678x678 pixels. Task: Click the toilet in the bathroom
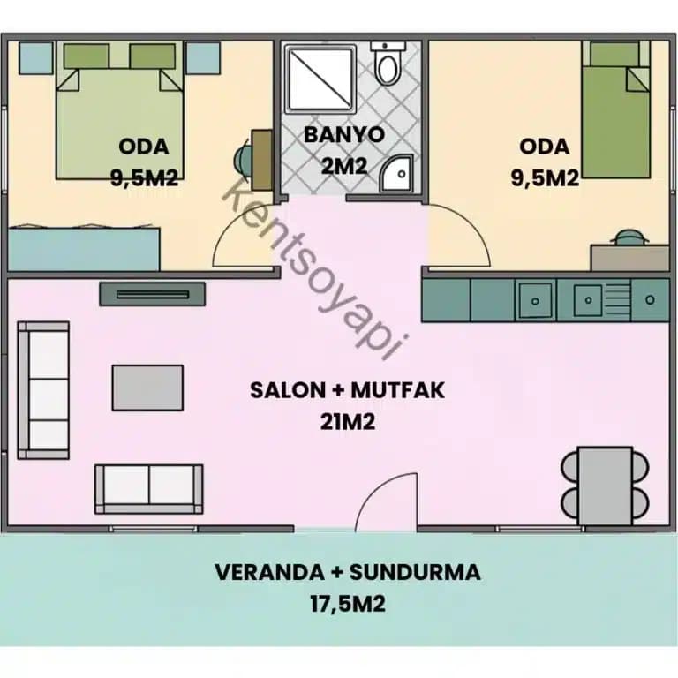tap(385, 63)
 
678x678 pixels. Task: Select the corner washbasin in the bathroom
tap(396, 174)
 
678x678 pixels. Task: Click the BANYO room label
tap(344, 135)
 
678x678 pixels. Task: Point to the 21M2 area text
tap(348, 422)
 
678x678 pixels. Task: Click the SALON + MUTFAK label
tap(348, 390)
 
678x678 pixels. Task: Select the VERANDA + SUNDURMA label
tap(348, 572)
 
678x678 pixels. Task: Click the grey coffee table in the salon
tap(147, 388)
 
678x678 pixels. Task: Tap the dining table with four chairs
tap(606, 484)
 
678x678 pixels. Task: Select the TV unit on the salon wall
tap(153, 294)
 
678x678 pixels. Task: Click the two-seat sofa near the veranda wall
tap(148, 488)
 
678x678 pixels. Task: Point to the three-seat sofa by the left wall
tap(43, 389)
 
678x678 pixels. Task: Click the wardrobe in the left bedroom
tap(84, 248)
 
